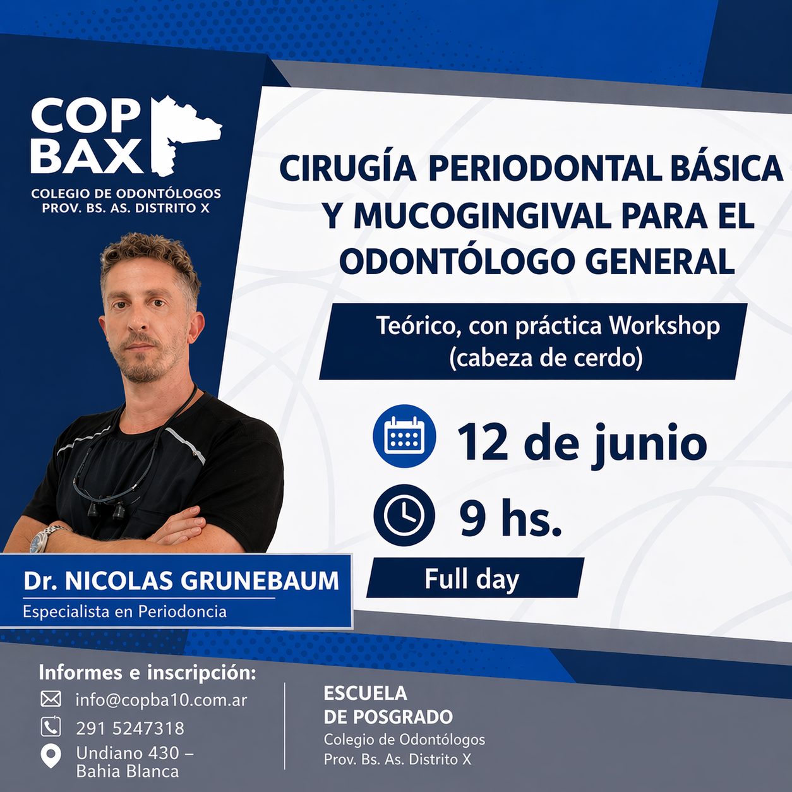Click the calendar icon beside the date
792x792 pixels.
(404, 436)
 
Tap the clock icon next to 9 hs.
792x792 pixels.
(404, 515)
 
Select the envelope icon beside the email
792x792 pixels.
(51, 699)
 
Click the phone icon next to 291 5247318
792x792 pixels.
(51, 727)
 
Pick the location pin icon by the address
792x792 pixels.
(51, 756)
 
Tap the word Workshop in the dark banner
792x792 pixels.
(664, 326)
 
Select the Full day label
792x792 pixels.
(472, 579)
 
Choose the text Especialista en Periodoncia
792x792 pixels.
(125, 611)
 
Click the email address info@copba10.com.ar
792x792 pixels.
(161, 700)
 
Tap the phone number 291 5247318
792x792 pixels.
(130, 728)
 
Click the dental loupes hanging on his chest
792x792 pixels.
(107, 510)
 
